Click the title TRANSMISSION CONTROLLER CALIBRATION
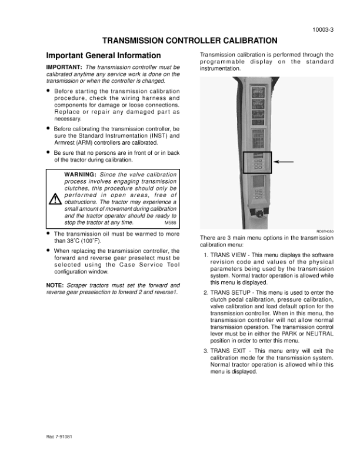189,41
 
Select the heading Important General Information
103,56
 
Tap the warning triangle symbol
55,199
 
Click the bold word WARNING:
80,175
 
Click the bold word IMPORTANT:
64,68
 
